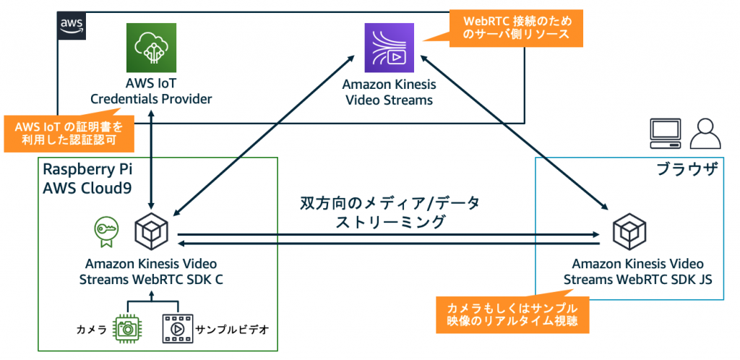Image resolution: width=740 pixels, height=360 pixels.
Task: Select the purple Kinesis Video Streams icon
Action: click(x=388, y=47)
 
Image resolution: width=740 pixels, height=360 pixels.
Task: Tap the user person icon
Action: click(x=705, y=132)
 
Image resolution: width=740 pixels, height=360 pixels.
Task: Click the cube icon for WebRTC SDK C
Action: click(x=151, y=231)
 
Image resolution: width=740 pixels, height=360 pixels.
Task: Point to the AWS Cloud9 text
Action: click(x=88, y=189)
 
